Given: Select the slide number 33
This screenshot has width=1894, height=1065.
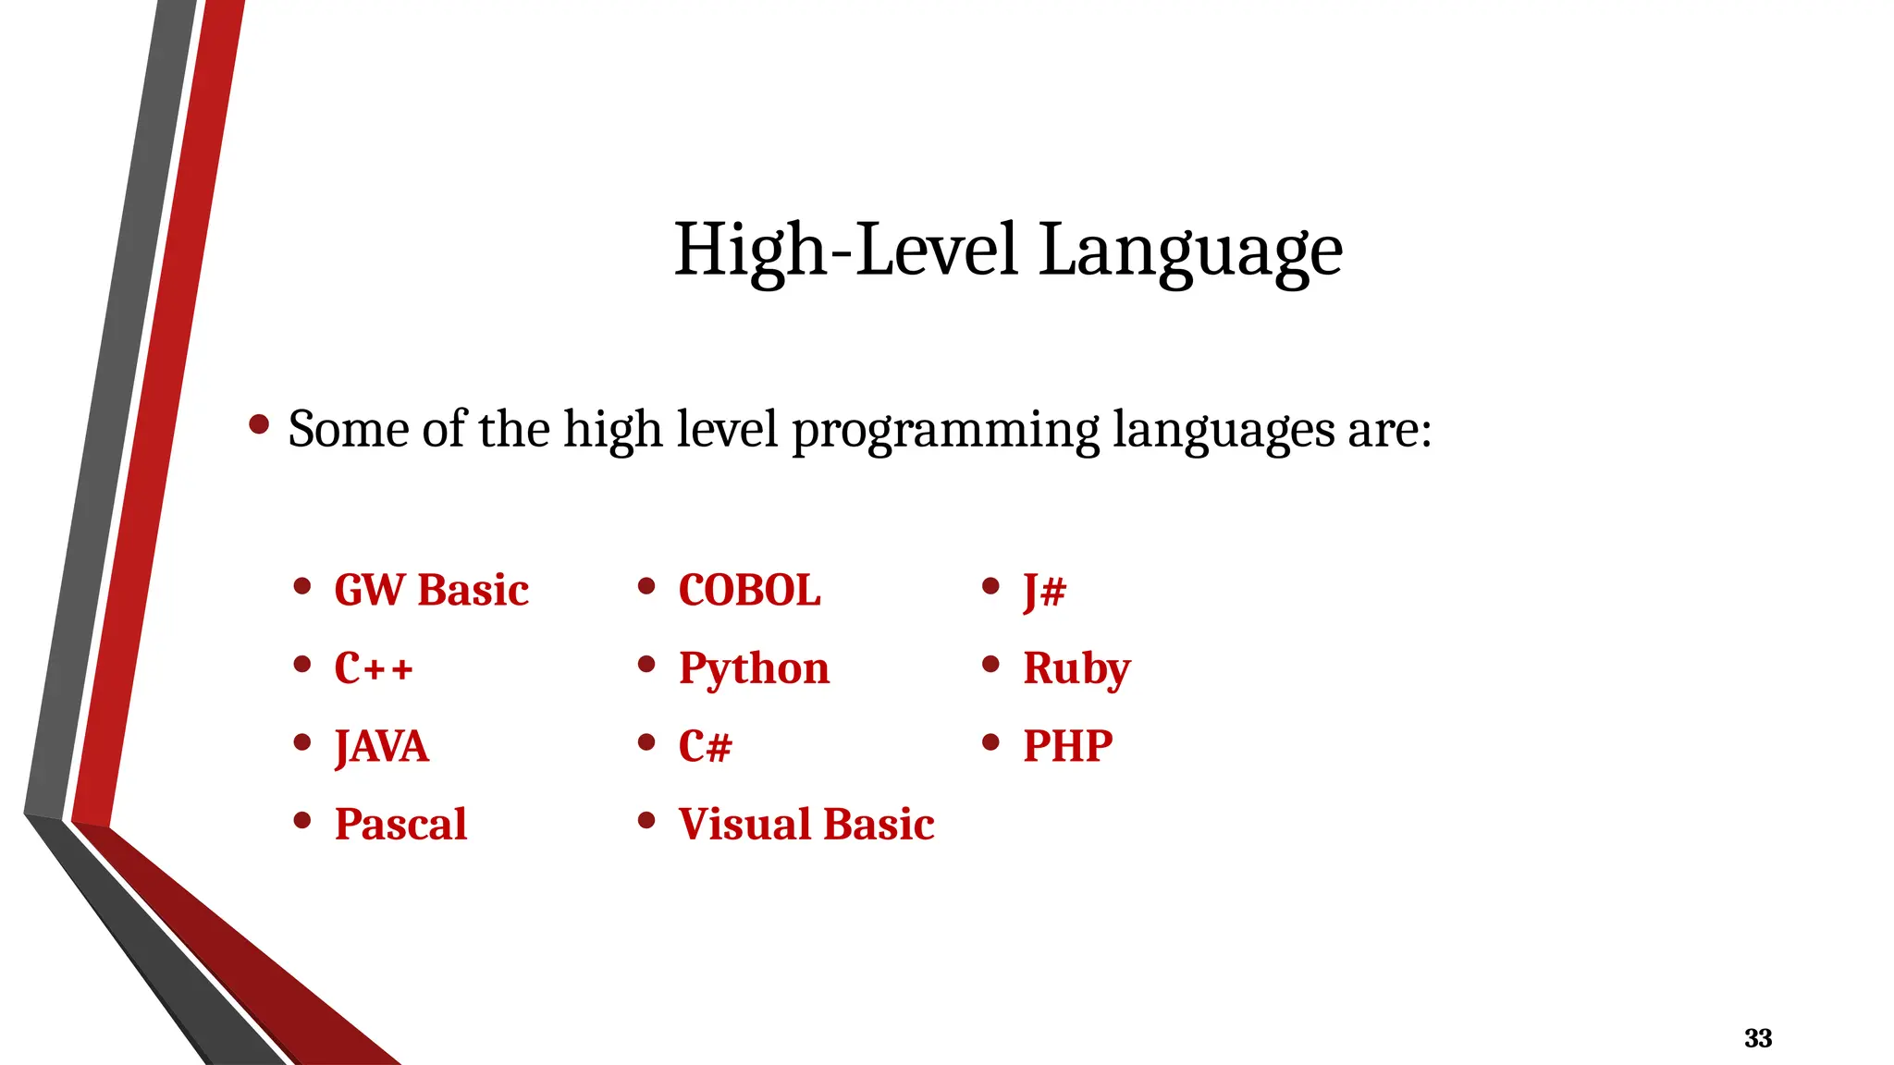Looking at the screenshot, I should pos(1757,1038).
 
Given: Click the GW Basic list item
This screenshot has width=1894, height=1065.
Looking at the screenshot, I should pos(431,590).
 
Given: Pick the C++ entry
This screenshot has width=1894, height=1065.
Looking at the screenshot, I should pos(374,667).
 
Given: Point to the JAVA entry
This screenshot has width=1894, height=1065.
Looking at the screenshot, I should pos(382,746).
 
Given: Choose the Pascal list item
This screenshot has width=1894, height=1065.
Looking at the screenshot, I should pos(400,824).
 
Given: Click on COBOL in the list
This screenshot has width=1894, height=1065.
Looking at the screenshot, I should pos(749,590).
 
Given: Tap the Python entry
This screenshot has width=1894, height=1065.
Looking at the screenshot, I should pos(754,668).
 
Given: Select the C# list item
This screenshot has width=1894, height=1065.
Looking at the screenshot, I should pos(705,746).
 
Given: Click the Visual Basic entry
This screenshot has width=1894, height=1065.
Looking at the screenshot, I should pos(806,824).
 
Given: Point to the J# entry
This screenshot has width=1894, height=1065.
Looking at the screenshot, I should pos(1044,590).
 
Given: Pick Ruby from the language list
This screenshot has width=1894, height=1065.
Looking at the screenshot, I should pos(1076,668).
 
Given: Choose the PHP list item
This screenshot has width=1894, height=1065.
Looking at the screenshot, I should pos(1067,746).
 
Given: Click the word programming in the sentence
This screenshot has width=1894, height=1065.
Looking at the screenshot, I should pos(945,430).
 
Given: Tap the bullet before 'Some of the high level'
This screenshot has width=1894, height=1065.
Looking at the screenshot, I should pos(259,425).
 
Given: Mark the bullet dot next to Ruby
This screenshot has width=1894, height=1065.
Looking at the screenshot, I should pos(990,664).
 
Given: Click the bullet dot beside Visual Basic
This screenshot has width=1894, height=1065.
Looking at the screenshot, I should pos(646,820).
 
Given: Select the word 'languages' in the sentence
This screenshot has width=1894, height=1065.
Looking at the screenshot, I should pos(1223,430).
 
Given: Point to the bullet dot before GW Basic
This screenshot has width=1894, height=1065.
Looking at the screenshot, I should pos(301,585).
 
